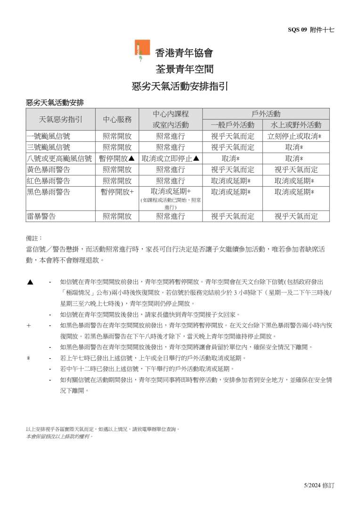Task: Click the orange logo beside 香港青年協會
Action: pyautogui.click(x=142, y=50)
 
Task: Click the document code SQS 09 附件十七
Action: pyautogui.click(x=311, y=29)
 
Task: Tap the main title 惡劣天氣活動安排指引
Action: pyautogui.click(x=180, y=86)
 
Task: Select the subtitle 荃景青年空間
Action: pyautogui.click(x=185, y=69)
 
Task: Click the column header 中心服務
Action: pyautogui.click(x=117, y=119)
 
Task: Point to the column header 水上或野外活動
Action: pyautogui.click(x=296, y=125)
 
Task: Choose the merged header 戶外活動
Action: pyautogui.click(x=266, y=114)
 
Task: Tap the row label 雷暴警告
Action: pyautogui.click(x=41, y=216)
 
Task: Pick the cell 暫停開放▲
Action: pyautogui.click(x=117, y=158)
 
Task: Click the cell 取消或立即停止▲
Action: pyautogui.click(x=171, y=158)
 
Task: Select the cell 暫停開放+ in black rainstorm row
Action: pyautogui.click(x=117, y=192)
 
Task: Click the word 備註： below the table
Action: pyautogui.click(x=34, y=238)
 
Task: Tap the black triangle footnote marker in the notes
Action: pyautogui.click(x=30, y=282)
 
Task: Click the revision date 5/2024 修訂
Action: pyautogui.click(x=319, y=485)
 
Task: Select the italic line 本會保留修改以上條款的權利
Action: pyautogui.click(x=59, y=436)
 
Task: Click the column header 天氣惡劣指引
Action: pyautogui.click(x=60, y=119)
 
